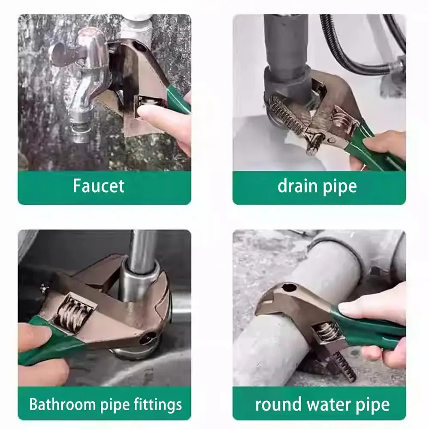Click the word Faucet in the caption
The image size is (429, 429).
coord(98,186)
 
